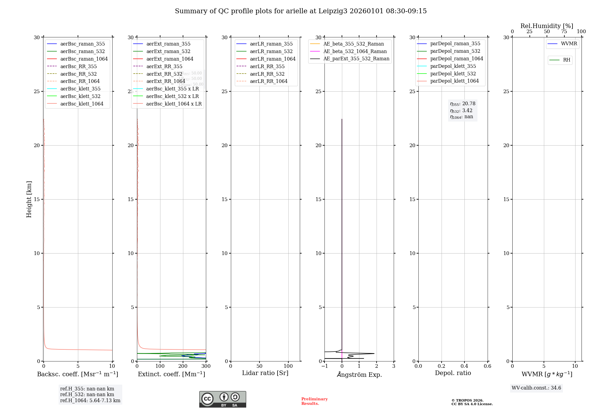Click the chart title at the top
tap(301, 11)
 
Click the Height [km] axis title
tap(29, 199)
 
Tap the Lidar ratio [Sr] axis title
tap(265, 373)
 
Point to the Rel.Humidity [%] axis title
tap(547, 26)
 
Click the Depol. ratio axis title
tap(453, 373)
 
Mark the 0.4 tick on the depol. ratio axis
tap(464, 366)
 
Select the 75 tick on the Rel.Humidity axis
tap(564, 32)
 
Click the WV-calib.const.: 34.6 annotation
tap(536, 388)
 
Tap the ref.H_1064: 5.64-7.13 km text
tap(90, 400)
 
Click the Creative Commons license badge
tap(222, 399)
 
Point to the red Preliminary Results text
tap(314, 401)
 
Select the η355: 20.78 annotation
tap(463, 104)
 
